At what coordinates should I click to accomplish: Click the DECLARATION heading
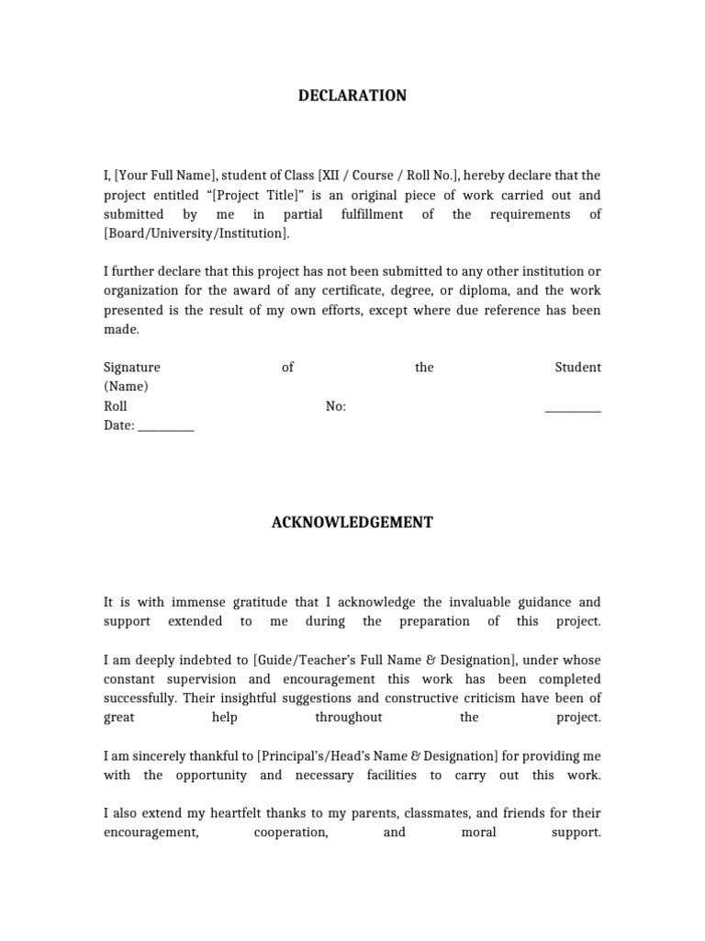(352, 96)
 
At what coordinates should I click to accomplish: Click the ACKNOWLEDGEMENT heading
(352, 522)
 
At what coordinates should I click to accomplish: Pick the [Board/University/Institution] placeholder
(196, 233)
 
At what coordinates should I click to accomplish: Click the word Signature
(131, 368)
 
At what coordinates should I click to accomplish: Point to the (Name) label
(126, 387)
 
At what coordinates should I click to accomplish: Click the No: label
(336, 406)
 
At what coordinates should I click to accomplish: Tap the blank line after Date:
(166, 425)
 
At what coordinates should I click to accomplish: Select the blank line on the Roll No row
(573, 406)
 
